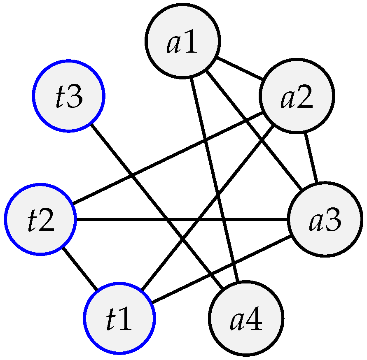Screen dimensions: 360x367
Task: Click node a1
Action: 182,41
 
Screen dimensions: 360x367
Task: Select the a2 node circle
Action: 297,96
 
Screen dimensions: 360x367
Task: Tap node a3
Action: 325,219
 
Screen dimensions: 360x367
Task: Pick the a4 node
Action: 246,318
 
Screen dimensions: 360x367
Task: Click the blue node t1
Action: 119,318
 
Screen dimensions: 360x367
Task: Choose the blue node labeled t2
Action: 41,218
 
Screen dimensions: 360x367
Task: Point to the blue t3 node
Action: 69,96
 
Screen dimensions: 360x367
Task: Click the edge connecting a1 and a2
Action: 240,69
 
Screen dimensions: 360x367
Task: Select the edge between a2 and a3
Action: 311,157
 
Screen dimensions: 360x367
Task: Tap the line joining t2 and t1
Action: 80,268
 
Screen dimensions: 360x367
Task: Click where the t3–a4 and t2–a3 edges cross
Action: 167,219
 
